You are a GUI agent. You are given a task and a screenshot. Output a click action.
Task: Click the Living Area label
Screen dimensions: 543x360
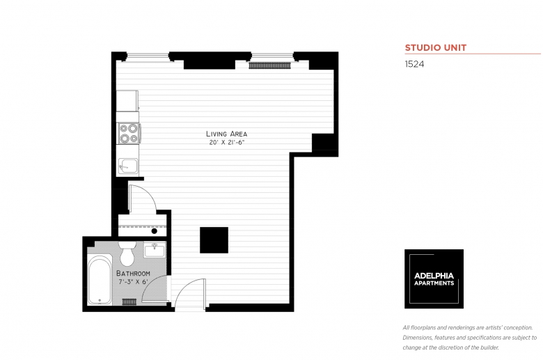(x=226, y=134)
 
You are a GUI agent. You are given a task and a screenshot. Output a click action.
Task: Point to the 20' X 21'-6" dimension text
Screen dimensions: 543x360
(x=227, y=143)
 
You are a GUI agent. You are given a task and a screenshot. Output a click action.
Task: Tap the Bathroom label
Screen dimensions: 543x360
(x=133, y=274)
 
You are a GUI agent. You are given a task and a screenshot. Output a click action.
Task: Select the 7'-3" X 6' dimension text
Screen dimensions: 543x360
(x=134, y=282)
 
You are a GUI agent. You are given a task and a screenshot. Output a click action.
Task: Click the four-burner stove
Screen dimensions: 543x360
(x=129, y=134)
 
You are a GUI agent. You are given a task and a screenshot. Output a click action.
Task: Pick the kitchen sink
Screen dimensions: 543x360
(x=128, y=166)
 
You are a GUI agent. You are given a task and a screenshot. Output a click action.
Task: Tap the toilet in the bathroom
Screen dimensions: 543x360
(x=127, y=253)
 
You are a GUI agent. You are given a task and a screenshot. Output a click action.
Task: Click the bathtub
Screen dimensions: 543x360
(x=100, y=280)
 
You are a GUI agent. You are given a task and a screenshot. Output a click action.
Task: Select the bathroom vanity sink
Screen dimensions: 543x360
(x=155, y=249)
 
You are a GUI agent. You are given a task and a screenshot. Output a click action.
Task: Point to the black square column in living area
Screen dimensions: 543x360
(x=214, y=240)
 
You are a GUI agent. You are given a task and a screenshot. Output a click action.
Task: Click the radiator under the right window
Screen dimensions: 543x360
(x=270, y=65)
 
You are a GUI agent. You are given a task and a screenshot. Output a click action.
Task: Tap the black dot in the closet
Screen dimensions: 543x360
(x=155, y=231)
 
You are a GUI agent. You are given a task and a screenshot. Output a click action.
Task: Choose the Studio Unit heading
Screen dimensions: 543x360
(x=436, y=48)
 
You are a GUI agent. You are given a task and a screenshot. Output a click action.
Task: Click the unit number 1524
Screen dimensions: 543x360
(x=414, y=64)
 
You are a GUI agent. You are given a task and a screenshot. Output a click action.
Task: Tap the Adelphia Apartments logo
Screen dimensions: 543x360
(x=434, y=279)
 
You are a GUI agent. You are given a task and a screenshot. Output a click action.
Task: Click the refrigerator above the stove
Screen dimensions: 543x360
(x=127, y=101)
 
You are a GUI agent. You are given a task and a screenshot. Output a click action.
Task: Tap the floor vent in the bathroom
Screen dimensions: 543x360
(x=129, y=302)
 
